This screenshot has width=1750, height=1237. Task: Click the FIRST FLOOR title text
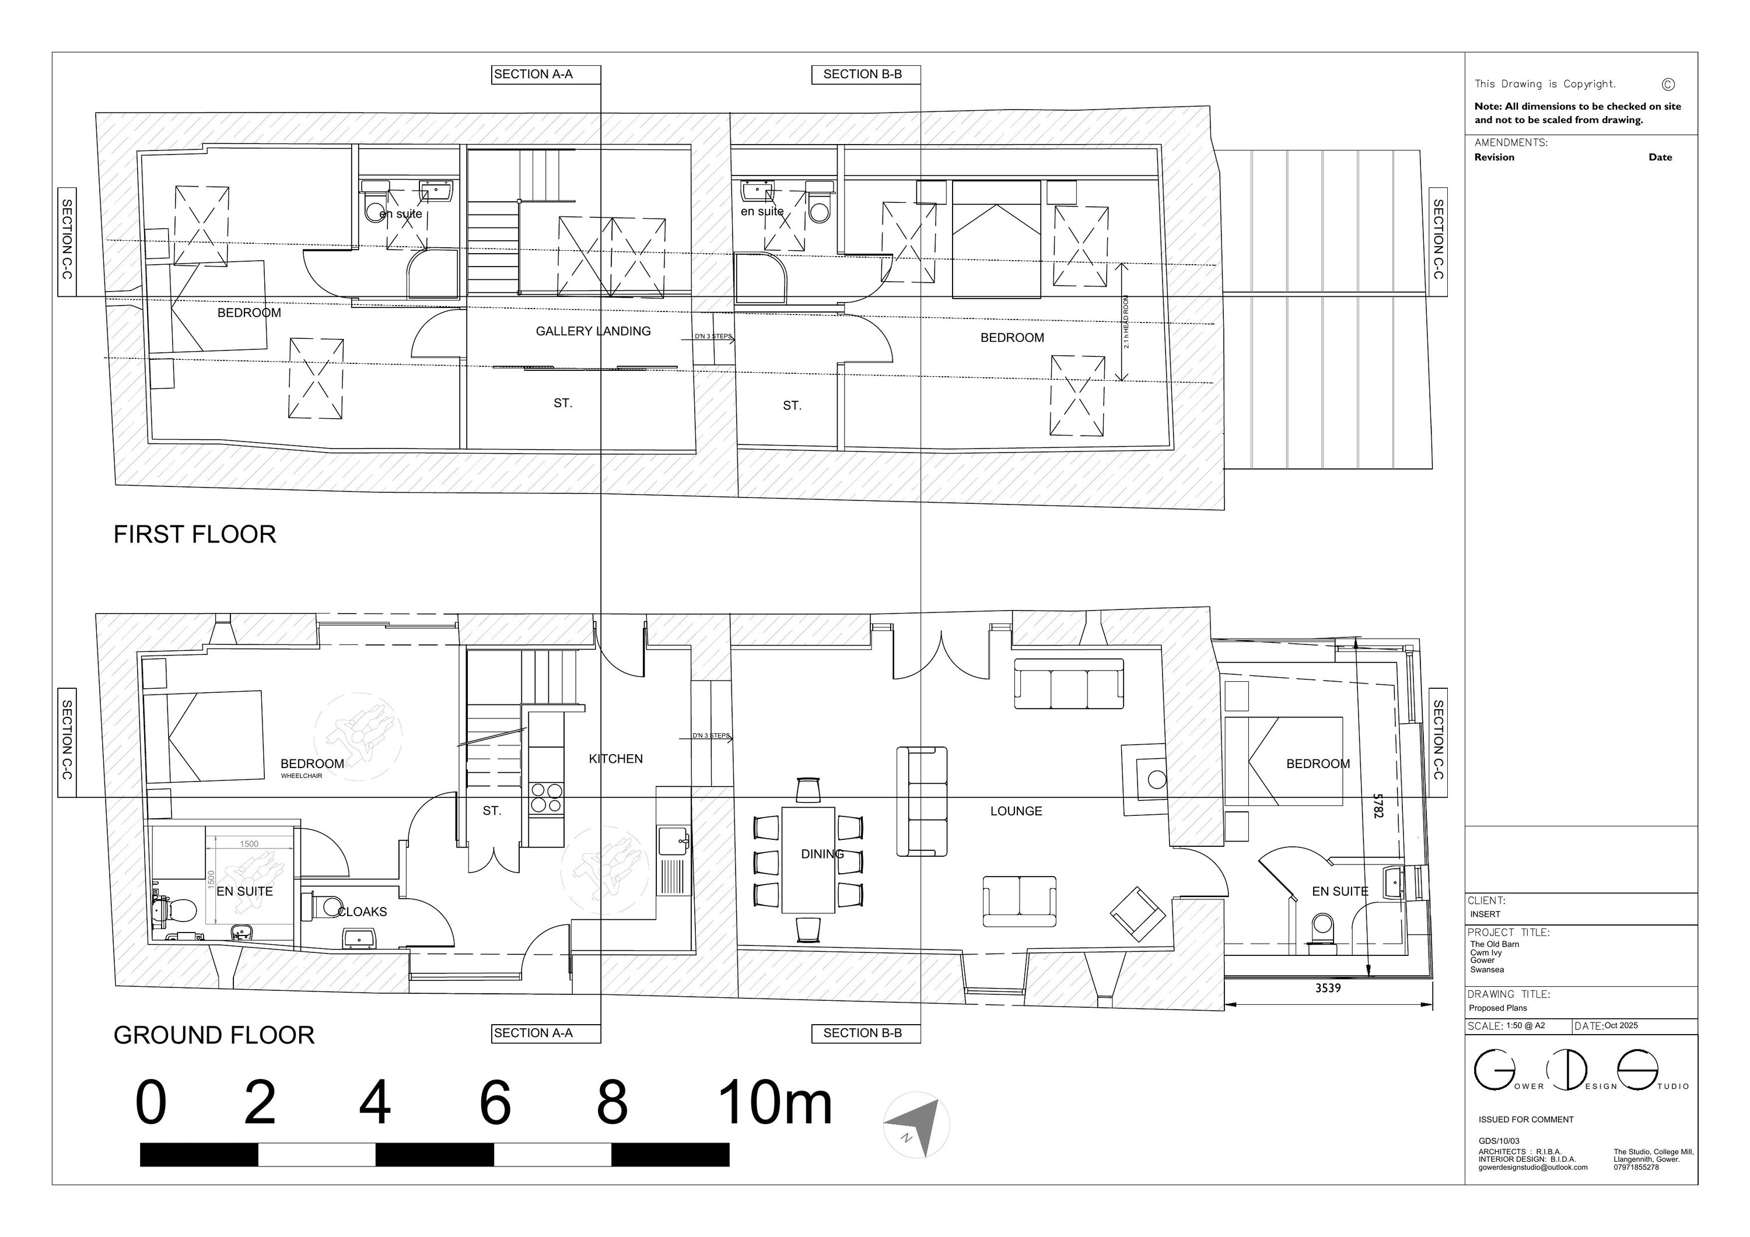click(x=194, y=534)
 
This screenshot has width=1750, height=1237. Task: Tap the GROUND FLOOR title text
click(x=213, y=1035)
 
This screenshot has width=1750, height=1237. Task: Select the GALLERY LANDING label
click(x=593, y=331)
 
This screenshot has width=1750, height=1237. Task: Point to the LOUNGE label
click(x=1016, y=811)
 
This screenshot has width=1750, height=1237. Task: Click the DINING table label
click(x=822, y=854)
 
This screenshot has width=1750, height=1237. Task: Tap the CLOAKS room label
click(x=363, y=912)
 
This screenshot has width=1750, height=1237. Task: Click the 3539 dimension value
click(x=1328, y=989)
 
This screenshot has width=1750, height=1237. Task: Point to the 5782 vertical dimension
click(x=1377, y=805)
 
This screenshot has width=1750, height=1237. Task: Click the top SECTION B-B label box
click(x=862, y=74)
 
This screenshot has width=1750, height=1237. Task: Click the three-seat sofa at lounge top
click(x=1069, y=683)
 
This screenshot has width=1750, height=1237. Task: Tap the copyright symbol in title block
click(x=1668, y=84)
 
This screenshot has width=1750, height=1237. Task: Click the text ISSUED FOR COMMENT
click(x=1526, y=1120)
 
